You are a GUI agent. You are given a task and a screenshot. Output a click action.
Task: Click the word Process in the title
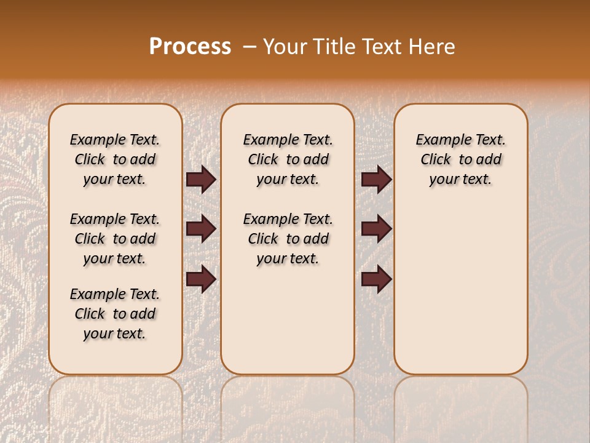[190, 46]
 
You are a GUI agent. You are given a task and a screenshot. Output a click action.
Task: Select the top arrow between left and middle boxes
[201, 180]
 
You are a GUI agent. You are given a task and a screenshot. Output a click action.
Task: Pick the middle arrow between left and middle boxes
[201, 229]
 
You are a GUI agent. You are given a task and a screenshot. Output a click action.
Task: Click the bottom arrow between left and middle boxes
[201, 279]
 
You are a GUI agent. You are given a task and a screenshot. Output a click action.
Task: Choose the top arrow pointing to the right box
[376, 180]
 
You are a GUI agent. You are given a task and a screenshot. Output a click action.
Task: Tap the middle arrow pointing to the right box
[376, 229]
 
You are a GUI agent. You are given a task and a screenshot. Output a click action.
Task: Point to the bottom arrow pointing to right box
[376, 279]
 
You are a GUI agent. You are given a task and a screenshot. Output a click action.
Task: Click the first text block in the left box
[115, 159]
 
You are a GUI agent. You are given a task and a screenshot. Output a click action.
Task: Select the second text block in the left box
[115, 239]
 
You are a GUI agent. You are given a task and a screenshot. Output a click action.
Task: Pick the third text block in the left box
[115, 314]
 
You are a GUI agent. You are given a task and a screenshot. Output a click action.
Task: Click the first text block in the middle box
[288, 159]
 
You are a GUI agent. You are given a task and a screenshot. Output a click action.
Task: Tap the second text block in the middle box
[288, 239]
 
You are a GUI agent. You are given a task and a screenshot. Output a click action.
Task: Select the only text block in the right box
[460, 159]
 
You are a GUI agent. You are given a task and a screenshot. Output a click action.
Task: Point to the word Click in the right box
[436, 160]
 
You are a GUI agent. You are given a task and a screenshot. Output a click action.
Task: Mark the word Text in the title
[382, 47]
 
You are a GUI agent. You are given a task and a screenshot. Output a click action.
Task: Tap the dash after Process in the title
[250, 47]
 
